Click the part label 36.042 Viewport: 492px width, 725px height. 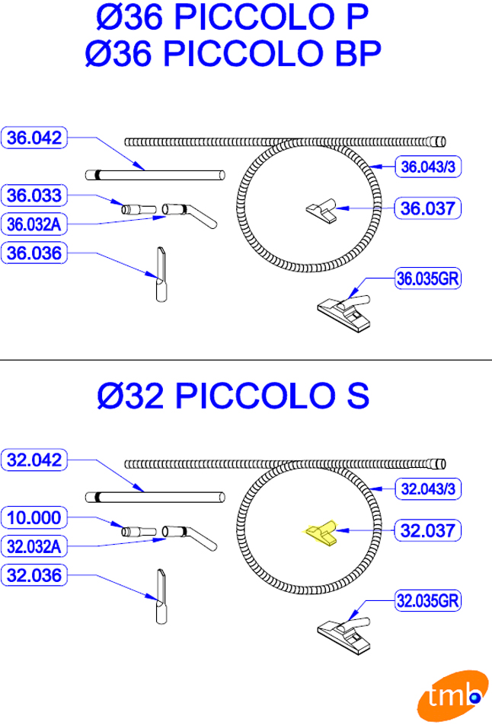pos(34,138)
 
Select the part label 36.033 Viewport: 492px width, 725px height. pos(34,196)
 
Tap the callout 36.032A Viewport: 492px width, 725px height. pos(34,224)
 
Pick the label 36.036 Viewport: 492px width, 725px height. pos(34,253)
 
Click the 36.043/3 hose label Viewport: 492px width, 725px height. pos(428,167)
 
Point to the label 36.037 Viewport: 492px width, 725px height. pos(428,208)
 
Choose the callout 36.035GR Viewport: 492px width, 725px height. pos(428,278)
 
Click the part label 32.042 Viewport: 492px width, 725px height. pos(34,460)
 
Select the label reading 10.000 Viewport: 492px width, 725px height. pos(34,518)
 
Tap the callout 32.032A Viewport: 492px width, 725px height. pos(34,546)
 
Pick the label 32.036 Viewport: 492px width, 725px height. pos(34,576)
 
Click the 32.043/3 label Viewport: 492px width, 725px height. pos(428,488)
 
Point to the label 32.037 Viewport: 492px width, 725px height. pos(428,530)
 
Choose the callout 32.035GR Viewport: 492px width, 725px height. pos(428,601)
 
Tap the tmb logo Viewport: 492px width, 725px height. pos(452,696)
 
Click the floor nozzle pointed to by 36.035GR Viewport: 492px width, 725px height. pos(344,313)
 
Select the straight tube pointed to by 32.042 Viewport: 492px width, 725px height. pos(155,498)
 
